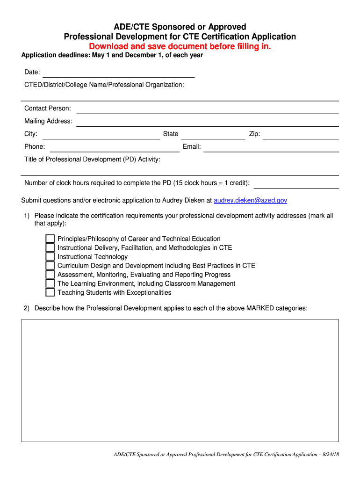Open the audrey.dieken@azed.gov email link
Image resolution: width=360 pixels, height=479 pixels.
(x=250, y=201)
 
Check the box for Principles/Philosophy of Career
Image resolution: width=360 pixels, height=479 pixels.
(x=50, y=239)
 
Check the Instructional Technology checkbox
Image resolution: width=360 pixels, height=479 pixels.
(x=50, y=257)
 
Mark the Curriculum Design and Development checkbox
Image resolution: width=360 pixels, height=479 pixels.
(x=50, y=266)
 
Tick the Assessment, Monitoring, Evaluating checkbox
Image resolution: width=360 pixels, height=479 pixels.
(x=50, y=275)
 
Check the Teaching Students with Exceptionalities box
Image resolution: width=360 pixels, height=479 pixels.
(x=50, y=293)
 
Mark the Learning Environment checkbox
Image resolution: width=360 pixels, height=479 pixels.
(x=50, y=283)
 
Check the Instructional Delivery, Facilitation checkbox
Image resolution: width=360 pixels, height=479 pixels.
(x=50, y=248)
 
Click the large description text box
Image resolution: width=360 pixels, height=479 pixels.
(x=180, y=380)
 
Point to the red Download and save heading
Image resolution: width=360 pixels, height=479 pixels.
(x=180, y=47)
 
